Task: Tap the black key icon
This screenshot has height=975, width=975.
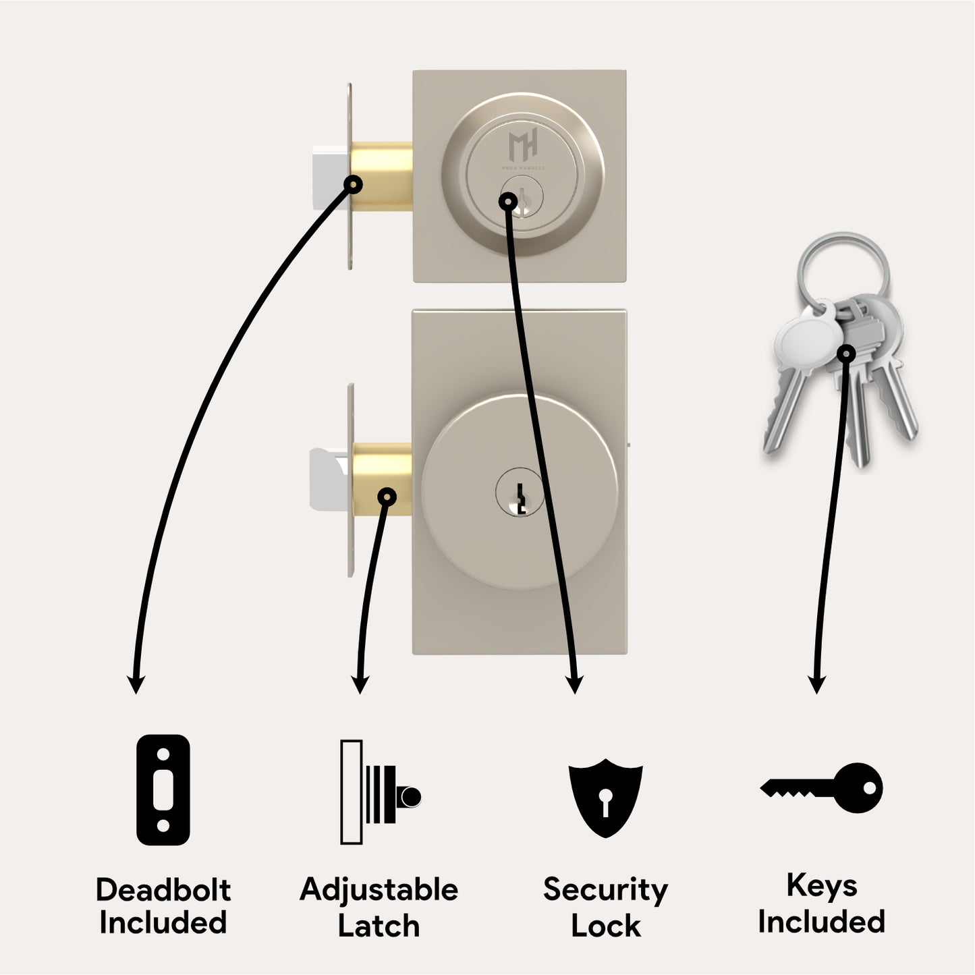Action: click(x=821, y=788)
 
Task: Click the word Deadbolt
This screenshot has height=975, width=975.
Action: click(x=163, y=890)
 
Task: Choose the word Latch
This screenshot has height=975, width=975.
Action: click(x=379, y=926)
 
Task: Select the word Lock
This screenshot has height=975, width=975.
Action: click(x=606, y=926)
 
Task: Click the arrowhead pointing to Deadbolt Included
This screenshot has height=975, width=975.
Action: click(x=136, y=685)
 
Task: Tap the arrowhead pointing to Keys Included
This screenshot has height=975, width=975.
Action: click(x=816, y=685)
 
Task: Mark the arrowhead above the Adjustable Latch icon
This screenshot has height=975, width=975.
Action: click(x=360, y=685)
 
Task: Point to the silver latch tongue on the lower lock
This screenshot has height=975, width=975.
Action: click(x=329, y=478)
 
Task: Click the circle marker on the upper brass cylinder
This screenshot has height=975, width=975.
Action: click(x=353, y=184)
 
